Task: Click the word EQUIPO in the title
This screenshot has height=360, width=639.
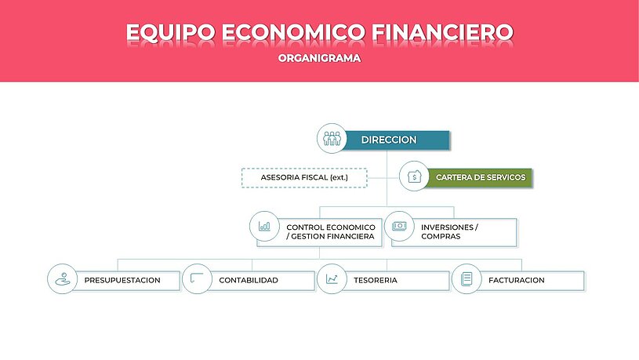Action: [171, 33]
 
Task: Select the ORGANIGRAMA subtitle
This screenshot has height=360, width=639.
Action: [320, 58]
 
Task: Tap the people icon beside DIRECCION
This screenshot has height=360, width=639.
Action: [332, 139]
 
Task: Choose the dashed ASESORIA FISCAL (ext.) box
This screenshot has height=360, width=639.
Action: [304, 178]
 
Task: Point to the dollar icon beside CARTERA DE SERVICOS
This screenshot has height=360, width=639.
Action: [414, 176]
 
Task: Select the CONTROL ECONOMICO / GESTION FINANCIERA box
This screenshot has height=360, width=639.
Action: [320, 232]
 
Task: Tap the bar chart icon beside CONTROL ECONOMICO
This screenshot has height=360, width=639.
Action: [264, 226]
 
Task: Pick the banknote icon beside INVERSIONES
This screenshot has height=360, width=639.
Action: [399, 226]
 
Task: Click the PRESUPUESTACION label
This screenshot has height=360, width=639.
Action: [122, 281]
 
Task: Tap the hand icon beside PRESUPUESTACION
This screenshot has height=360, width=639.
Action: [63, 279]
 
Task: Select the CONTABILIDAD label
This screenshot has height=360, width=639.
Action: [249, 281]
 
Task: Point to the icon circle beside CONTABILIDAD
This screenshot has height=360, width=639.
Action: [198, 279]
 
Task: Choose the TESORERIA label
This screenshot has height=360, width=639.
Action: [376, 281]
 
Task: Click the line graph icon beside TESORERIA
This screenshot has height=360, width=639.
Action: [332, 279]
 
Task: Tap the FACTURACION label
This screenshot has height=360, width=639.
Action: [517, 281]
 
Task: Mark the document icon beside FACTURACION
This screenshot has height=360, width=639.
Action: [467, 279]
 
